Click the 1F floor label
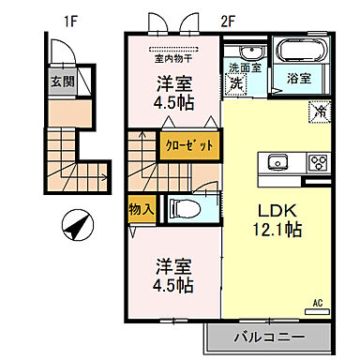(x=69, y=19)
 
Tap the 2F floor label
(x=229, y=19)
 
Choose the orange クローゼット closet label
(x=190, y=146)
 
